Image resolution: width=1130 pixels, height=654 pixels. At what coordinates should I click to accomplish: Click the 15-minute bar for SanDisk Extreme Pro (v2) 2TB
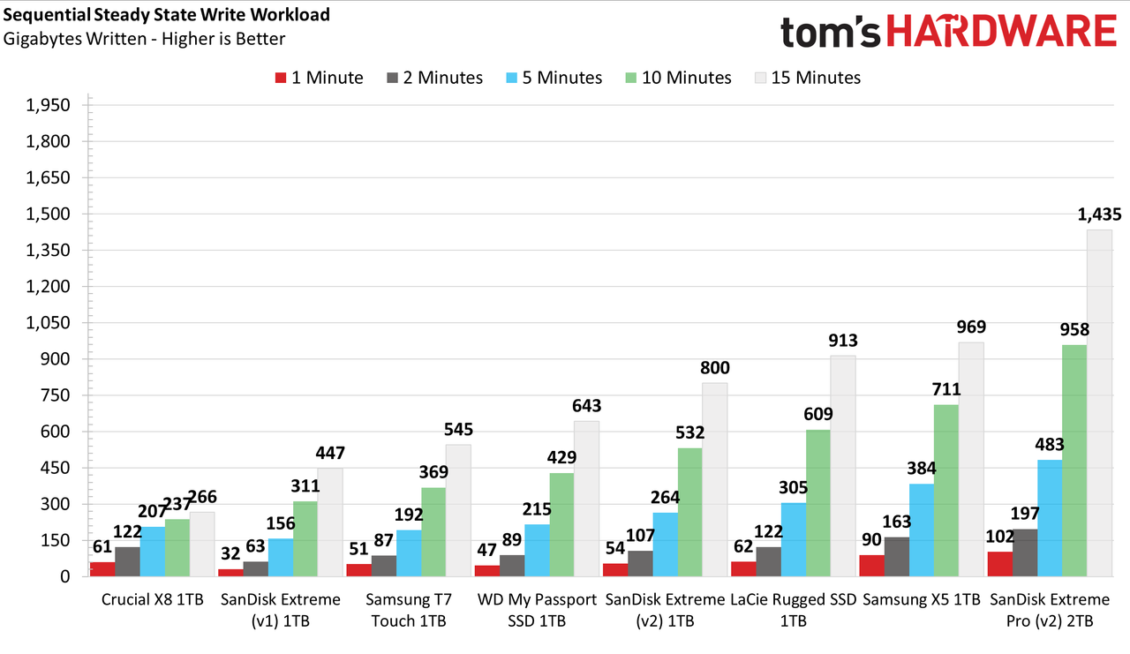[1099, 402]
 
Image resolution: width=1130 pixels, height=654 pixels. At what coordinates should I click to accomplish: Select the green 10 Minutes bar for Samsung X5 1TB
[945, 491]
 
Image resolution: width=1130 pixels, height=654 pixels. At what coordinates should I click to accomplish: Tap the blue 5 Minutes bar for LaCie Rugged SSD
[794, 539]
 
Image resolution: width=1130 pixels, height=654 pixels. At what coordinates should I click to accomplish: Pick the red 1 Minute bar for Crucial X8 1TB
[102, 569]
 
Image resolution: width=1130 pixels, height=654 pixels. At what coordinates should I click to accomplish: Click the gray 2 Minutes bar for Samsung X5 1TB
[897, 557]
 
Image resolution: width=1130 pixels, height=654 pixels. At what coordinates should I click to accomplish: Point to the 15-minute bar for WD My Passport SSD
[587, 499]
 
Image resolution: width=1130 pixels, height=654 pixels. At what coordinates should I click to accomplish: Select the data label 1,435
[1100, 214]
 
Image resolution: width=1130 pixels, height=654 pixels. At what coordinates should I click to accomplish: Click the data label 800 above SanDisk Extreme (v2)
[715, 367]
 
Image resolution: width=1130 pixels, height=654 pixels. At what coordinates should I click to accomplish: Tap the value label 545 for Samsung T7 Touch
[458, 429]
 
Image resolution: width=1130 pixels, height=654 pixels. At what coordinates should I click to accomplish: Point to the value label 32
[230, 553]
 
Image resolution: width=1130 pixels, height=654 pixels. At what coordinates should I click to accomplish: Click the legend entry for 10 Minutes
[679, 78]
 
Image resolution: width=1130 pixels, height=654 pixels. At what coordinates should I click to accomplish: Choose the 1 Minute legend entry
[319, 78]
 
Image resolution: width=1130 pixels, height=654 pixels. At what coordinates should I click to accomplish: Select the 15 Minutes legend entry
[808, 78]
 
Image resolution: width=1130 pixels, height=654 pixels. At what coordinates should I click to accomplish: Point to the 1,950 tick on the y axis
[48, 105]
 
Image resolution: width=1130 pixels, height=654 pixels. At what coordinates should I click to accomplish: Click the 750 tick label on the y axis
[56, 395]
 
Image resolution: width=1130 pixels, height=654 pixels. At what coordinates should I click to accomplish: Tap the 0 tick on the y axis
[65, 576]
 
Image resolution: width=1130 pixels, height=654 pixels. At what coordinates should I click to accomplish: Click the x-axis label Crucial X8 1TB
[153, 599]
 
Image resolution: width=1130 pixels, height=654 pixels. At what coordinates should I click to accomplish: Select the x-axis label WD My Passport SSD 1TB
[537, 610]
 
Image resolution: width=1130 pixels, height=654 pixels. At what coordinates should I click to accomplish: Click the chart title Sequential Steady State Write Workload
[167, 15]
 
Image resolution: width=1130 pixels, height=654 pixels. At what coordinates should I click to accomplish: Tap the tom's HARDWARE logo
[948, 31]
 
